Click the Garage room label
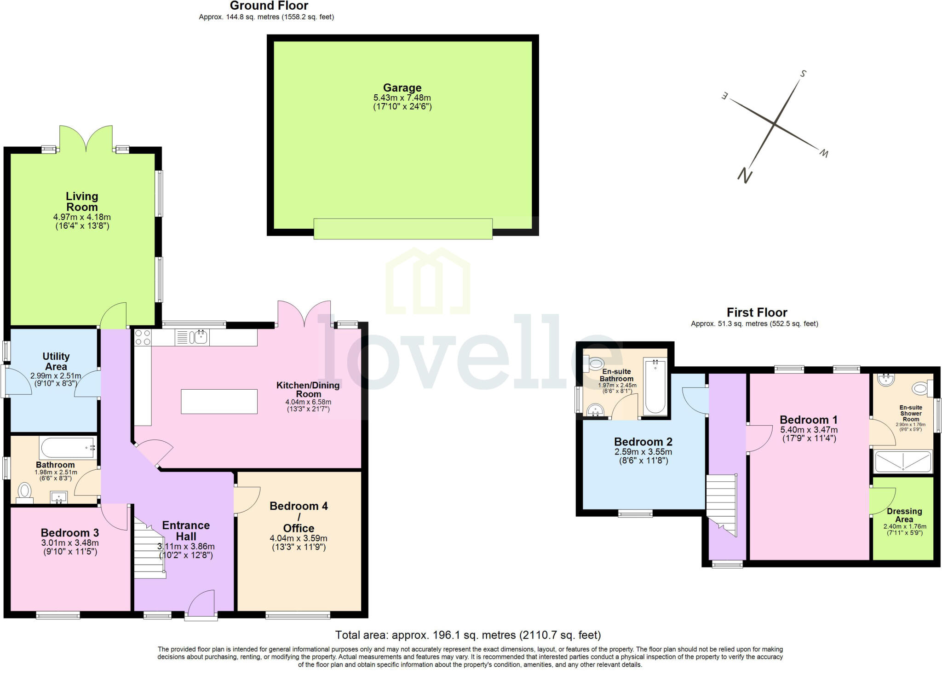(x=402, y=88)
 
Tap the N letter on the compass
(x=745, y=175)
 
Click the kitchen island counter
(x=219, y=401)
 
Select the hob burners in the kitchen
(x=143, y=337)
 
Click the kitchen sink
(x=201, y=337)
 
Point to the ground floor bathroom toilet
(x=24, y=490)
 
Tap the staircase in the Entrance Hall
(x=149, y=550)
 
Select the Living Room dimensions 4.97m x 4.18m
(x=82, y=217)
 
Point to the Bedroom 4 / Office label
(x=299, y=517)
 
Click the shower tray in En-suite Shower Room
(x=902, y=462)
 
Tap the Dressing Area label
(x=904, y=515)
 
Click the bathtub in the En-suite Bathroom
(x=655, y=387)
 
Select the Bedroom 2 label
(x=643, y=442)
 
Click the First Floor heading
(x=757, y=312)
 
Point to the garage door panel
(x=403, y=229)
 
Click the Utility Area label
(x=56, y=361)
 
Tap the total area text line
(x=468, y=635)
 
